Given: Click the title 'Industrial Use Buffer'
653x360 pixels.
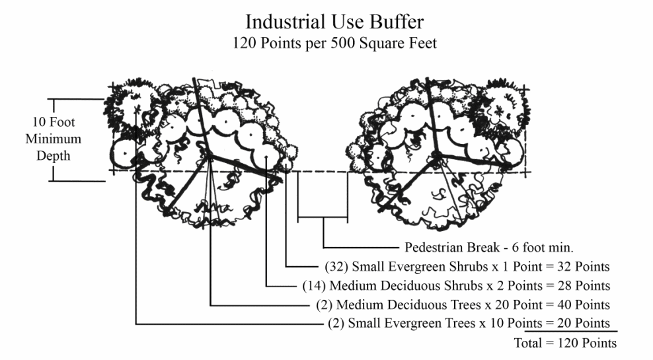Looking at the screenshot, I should click(x=334, y=22).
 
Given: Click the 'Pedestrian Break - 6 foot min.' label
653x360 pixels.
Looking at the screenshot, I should click(x=488, y=248).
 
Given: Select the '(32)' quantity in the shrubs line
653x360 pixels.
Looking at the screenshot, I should click(x=337, y=268).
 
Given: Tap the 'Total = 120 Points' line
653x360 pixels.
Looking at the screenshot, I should click(x=565, y=343).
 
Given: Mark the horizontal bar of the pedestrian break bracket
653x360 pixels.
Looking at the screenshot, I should click(x=323, y=216).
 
